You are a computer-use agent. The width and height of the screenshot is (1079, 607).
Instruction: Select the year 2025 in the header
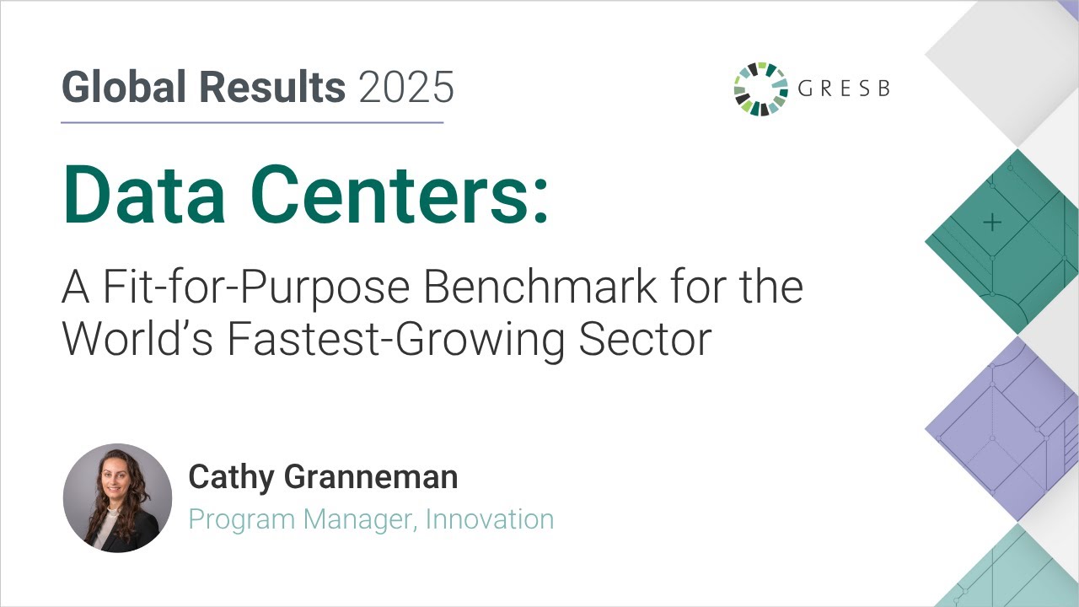(x=406, y=87)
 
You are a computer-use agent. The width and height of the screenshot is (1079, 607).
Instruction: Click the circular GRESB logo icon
(x=760, y=89)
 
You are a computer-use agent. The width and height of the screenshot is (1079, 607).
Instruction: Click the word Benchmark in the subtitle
(x=539, y=287)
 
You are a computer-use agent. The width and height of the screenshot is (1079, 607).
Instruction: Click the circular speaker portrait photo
(x=117, y=497)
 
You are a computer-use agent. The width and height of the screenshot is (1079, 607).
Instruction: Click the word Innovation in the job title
(x=490, y=519)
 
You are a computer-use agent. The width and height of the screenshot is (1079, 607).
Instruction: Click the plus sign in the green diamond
(x=992, y=223)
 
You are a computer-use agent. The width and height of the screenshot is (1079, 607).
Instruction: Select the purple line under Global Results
(x=252, y=123)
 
